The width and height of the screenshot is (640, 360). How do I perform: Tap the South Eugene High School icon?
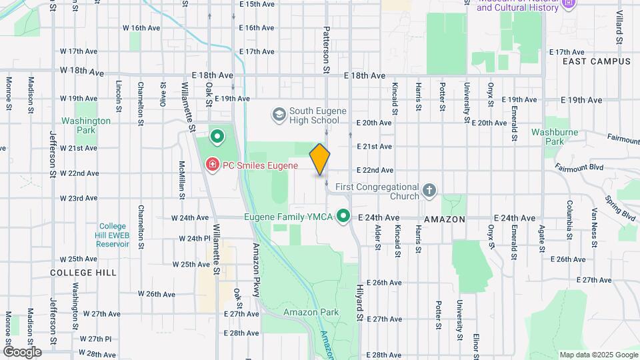[279, 115]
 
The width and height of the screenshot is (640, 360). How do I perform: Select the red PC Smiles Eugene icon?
[211, 163]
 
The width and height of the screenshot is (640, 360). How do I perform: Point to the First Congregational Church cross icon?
[430, 192]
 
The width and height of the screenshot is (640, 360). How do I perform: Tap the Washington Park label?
[86, 125]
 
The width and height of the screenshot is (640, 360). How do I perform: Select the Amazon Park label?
[311, 312]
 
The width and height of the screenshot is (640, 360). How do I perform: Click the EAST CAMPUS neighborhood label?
[596, 61]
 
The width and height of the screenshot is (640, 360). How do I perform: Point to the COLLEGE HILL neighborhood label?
[83, 273]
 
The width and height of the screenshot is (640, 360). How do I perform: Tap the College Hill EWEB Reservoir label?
[112, 235]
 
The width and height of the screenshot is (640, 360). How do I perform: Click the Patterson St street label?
[327, 49]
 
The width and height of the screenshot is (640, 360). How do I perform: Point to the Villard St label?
[619, 27]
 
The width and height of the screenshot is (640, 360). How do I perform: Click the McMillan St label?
[181, 180]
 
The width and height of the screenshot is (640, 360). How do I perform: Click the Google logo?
[22, 352]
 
